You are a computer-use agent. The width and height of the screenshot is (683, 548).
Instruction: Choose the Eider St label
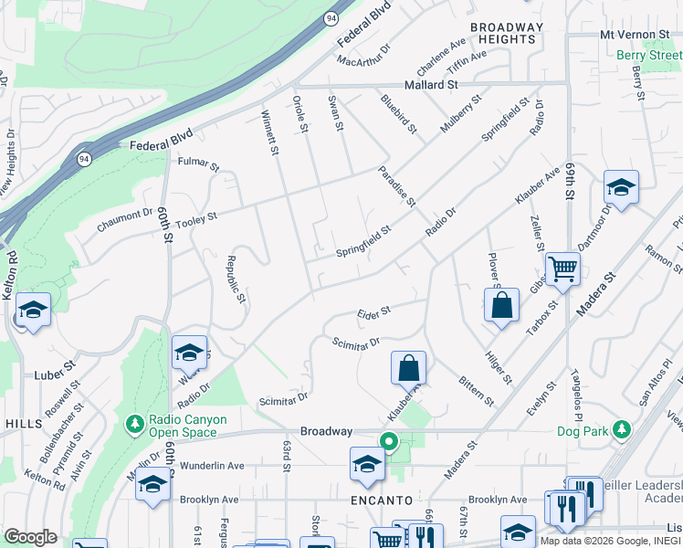[373, 311]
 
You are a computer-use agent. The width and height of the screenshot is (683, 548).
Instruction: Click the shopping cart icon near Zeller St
[562, 269]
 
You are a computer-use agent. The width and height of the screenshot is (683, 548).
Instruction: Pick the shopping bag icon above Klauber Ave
[408, 368]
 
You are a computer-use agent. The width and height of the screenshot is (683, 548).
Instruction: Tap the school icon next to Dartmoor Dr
[621, 187]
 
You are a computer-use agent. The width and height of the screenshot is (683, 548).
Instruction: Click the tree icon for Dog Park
[622, 428]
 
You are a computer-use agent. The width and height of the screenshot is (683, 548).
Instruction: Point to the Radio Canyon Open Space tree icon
[134, 425]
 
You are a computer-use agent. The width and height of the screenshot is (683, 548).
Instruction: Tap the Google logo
[31, 537]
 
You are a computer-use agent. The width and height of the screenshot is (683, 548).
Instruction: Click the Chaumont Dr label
[122, 214]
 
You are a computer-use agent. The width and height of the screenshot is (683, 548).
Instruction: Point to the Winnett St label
[269, 133]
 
